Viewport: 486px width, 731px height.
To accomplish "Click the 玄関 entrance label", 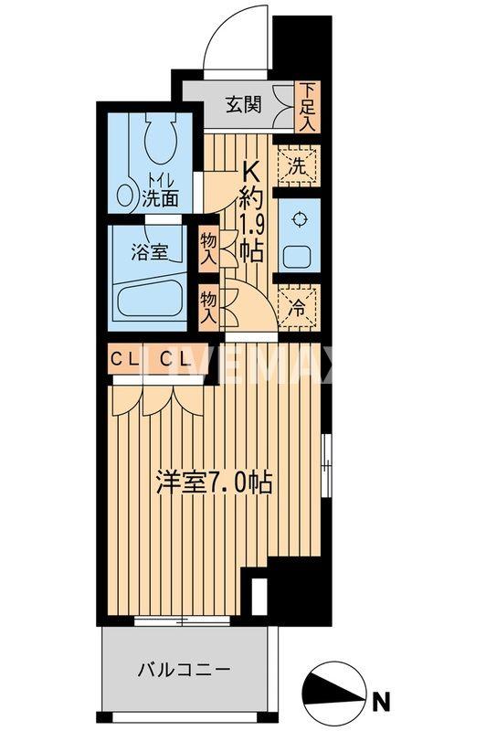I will [x=245, y=102].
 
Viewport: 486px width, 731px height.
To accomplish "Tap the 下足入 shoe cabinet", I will [x=307, y=106].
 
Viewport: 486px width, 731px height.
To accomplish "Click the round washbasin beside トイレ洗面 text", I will [x=127, y=195].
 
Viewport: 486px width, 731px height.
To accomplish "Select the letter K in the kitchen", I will [x=249, y=171].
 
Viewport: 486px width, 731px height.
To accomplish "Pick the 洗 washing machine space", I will [x=298, y=167].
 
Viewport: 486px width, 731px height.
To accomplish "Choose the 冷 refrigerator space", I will [x=298, y=307].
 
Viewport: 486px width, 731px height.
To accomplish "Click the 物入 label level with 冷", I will [x=209, y=307].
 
